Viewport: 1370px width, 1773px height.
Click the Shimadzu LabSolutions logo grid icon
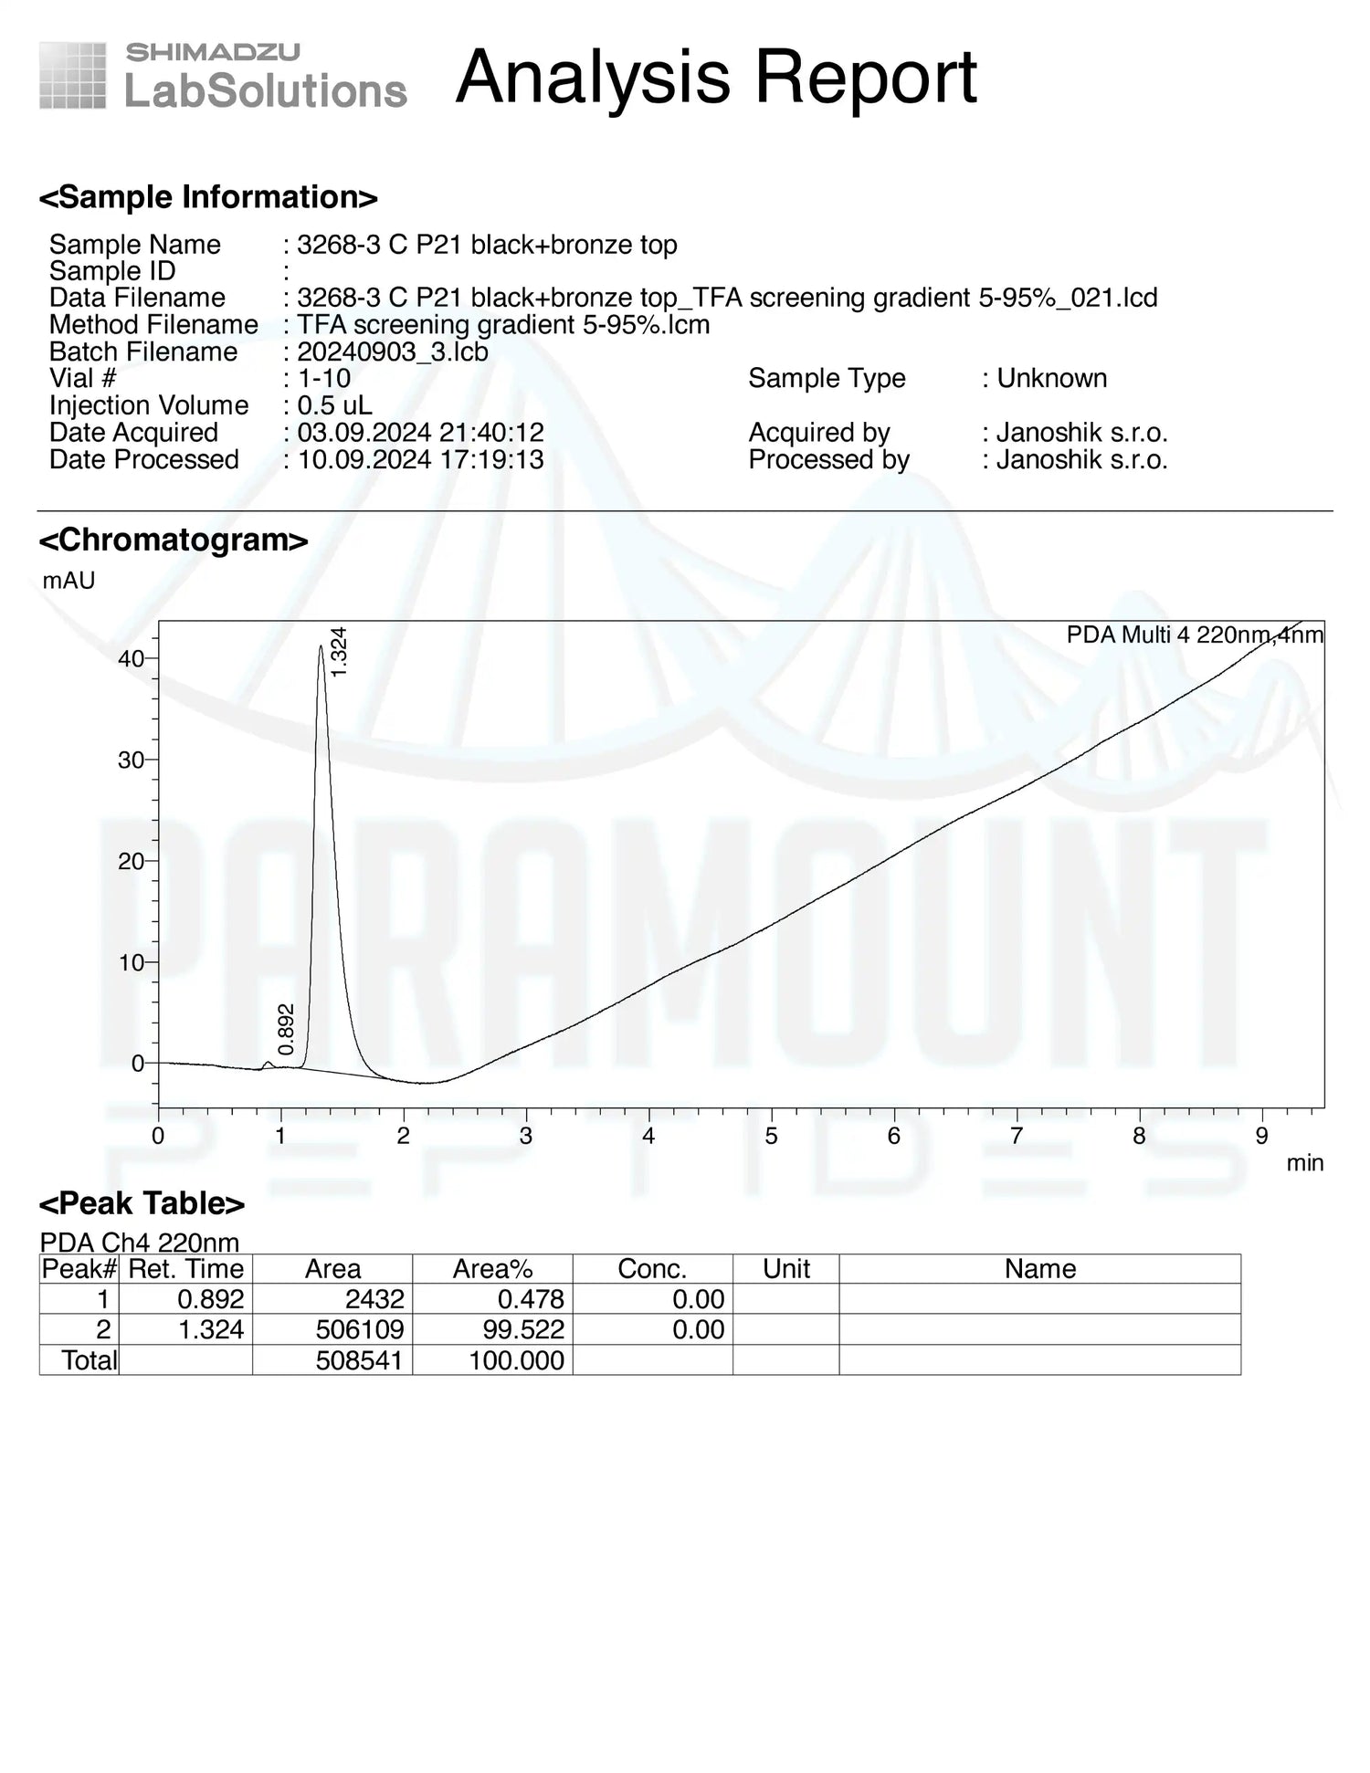point(72,76)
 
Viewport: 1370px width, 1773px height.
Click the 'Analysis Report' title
point(716,77)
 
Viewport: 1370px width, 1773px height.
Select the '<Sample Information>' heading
point(208,197)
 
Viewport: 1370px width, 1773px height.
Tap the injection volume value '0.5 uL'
point(334,405)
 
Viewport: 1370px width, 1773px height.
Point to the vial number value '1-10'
point(324,378)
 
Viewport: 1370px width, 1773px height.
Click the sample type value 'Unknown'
point(1051,378)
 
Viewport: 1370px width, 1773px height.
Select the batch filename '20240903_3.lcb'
point(393,351)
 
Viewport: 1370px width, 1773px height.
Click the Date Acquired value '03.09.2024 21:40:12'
point(420,432)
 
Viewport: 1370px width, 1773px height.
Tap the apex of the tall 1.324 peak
point(321,646)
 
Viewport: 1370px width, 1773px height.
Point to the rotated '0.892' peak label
point(287,1029)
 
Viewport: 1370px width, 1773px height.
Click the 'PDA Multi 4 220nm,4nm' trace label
point(1194,635)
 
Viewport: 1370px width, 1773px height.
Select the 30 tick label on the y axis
point(131,760)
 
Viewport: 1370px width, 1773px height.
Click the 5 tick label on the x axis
point(771,1136)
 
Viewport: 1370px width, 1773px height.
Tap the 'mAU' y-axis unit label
point(68,581)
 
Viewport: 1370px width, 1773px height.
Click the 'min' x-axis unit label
point(1304,1163)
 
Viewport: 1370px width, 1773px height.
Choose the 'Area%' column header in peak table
point(492,1269)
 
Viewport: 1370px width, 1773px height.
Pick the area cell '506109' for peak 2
point(360,1329)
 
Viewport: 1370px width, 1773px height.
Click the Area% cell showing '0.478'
point(531,1299)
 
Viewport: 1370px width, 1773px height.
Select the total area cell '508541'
point(359,1360)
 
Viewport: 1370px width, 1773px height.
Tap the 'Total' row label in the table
point(89,1360)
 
